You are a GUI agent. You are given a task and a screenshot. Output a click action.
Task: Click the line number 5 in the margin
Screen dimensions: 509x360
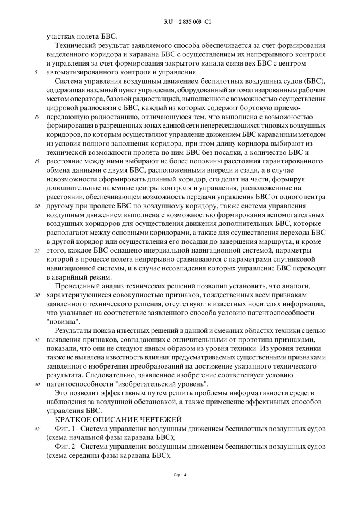pyautogui.click(x=36, y=72)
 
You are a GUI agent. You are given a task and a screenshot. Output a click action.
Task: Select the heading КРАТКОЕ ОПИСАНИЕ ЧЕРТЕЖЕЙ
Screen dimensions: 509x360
pyautogui.click(x=118, y=420)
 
